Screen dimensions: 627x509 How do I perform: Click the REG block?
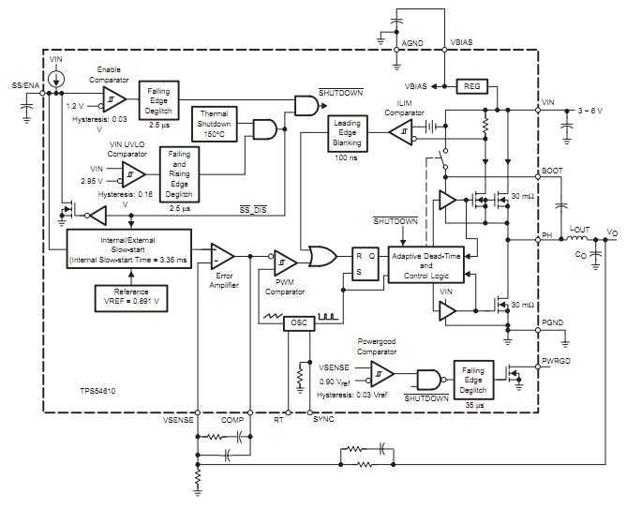tap(471, 86)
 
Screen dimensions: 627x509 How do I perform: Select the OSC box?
tap(299, 323)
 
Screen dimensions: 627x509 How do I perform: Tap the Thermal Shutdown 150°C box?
tap(215, 124)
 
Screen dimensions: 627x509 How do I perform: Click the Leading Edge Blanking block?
tap(347, 133)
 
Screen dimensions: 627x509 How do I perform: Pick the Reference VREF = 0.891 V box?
tap(131, 298)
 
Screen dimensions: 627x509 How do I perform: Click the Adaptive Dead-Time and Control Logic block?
tap(426, 264)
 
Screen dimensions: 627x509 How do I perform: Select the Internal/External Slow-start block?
tap(128, 248)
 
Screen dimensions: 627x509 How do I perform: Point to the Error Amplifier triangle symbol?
tap(222, 256)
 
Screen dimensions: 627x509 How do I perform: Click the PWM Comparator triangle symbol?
tap(286, 262)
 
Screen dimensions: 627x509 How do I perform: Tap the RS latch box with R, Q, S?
tap(366, 263)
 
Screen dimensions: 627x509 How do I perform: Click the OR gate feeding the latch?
tap(322, 256)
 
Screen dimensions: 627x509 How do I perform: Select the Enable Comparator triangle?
tap(114, 99)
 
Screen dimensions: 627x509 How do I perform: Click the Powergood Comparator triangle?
tap(382, 374)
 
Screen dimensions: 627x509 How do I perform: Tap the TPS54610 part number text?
tap(97, 391)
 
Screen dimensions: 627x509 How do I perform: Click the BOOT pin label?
tap(552, 171)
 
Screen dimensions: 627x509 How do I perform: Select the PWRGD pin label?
tap(556, 361)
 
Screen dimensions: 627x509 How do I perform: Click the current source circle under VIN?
tap(56, 79)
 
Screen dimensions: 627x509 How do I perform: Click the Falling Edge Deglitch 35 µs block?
tap(473, 380)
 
